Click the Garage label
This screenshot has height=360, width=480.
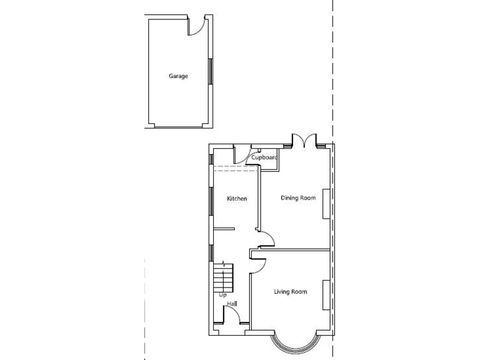pos(178,76)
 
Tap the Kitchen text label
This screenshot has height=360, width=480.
pos(237,199)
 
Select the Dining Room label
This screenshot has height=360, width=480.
pos(298,198)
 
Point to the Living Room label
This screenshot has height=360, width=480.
pos(291,292)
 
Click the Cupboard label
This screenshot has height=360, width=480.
pos(264,157)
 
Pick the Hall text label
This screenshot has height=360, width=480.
pos(232,304)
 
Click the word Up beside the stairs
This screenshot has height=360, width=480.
pos(222,294)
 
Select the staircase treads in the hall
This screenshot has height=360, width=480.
pos(223,276)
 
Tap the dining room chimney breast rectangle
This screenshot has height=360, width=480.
pos(326,203)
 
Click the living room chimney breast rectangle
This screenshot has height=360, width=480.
pos(326,294)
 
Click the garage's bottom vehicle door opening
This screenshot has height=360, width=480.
pos(179,127)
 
